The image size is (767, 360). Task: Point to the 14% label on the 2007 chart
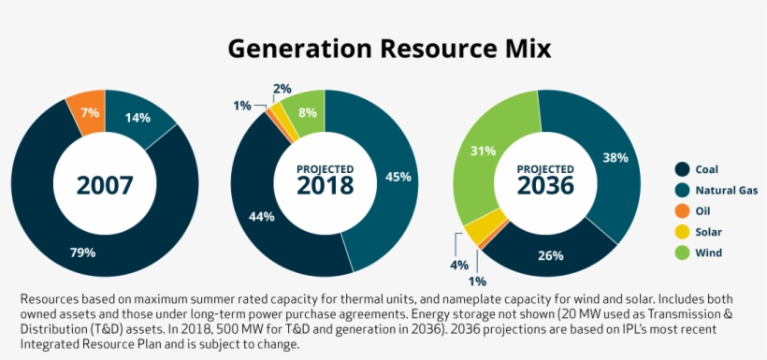click(x=137, y=118)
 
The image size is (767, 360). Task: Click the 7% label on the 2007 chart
click(x=90, y=113)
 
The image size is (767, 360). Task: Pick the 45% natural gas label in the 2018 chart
click(x=398, y=177)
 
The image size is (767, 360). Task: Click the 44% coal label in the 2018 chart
click(x=261, y=217)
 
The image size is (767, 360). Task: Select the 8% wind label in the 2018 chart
click(x=307, y=113)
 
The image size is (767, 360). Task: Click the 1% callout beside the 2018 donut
click(x=241, y=106)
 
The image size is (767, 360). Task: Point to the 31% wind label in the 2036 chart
click(x=484, y=151)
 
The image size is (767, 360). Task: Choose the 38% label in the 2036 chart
click(x=615, y=158)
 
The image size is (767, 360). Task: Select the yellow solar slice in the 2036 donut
click(x=480, y=230)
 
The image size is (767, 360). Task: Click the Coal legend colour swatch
click(x=683, y=169)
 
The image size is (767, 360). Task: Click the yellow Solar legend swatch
click(x=683, y=232)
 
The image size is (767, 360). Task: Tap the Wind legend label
click(x=709, y=252)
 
